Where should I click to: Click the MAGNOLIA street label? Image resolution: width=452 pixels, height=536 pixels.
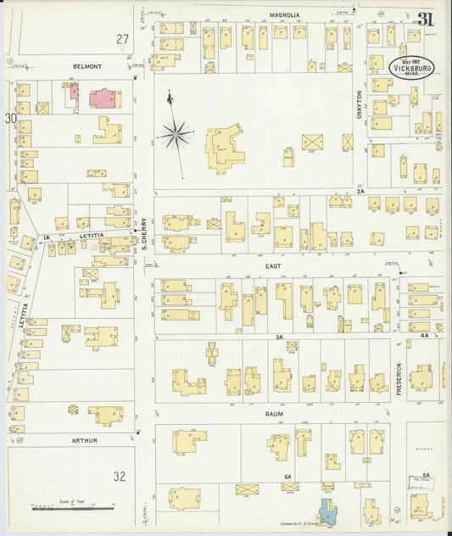pyautogui.click(x=286, y=14)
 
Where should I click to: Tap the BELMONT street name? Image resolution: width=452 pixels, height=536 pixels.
pyautogui.click(x=87, y=66)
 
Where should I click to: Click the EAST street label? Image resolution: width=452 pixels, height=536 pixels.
pyautogui.click(x=272, y=265)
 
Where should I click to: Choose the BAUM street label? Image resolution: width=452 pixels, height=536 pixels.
pyautogui.click(x=272, y=414)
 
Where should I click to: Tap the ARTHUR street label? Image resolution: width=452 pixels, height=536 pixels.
pyautogui.click(x=85, y=441)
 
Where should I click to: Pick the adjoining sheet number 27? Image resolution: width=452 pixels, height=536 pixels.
pyautogui.click(x=123, y=39)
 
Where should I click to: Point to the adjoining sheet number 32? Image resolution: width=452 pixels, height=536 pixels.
pyautogui.click(x=120, y=477)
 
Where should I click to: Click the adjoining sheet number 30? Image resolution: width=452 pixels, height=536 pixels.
pyautogui.click(x=11, y=119)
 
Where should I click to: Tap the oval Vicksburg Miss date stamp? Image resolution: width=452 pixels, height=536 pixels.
pyautogui.click(x=411, y=68)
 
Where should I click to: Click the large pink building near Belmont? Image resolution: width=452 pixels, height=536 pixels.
pyautogui.click(x=105, y=98)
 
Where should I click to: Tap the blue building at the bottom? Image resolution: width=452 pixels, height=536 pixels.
pyautogui.click(x=326, y=513)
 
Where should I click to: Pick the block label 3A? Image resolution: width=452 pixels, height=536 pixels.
pyautogui.click(x=278, y=338)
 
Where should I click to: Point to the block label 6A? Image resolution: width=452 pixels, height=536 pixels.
pyautogui.click(x=288, y=477)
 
